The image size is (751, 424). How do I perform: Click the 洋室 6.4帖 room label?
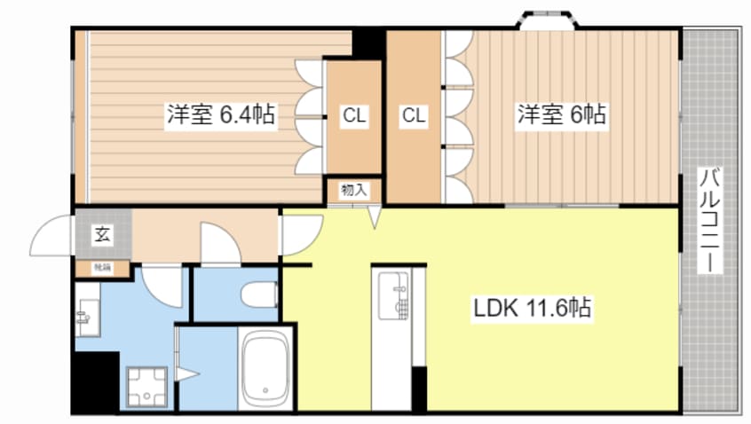(x=220, y=114)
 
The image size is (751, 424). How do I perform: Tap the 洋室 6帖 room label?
(x=562, y=114)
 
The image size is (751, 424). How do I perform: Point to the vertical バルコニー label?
(x=710, y=220)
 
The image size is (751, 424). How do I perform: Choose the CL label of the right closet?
(x=413, y=114)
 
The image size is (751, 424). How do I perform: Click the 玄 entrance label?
(x=102, y=235)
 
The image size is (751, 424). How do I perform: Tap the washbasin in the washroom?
(x=86, y=315)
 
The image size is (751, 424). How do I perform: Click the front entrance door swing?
(x=53, y=235)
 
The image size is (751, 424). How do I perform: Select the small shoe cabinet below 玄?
(x=102, y=266)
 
